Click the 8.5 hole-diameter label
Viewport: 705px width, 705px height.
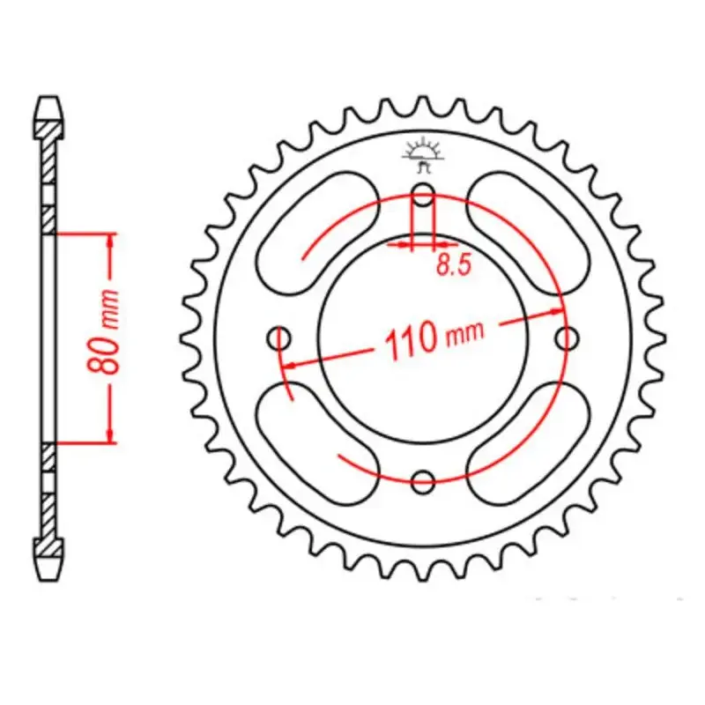point(453,266)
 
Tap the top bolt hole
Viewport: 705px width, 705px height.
point(423,194)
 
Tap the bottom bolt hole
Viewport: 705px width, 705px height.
point(423,481)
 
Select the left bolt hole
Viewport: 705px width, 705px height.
point(279,338)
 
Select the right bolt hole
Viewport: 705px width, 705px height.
point(567,338)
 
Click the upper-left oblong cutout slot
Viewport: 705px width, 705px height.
point(317,233)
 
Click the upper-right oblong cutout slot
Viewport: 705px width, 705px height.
point(528,233)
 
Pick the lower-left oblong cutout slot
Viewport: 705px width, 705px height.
point(317,443)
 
